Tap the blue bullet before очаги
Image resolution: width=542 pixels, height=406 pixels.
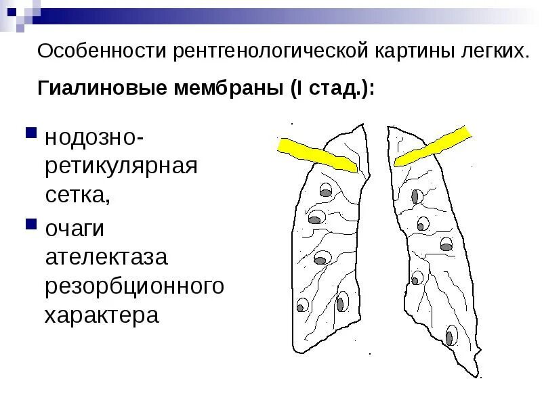click(x=31, y=223)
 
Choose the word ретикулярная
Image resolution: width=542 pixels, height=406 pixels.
click(x=121, y=166)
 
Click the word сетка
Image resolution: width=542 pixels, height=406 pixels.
click(x=76, y=196)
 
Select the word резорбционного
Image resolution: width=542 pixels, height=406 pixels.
click(x=134, y=286)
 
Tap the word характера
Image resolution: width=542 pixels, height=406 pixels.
click(x=102, y=315)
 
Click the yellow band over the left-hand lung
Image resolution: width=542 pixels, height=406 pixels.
click(x=318, y=154)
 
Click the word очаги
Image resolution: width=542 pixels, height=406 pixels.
click(x=75, y=229)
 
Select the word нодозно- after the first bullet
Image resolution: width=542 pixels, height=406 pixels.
click(x=93, y=137)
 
